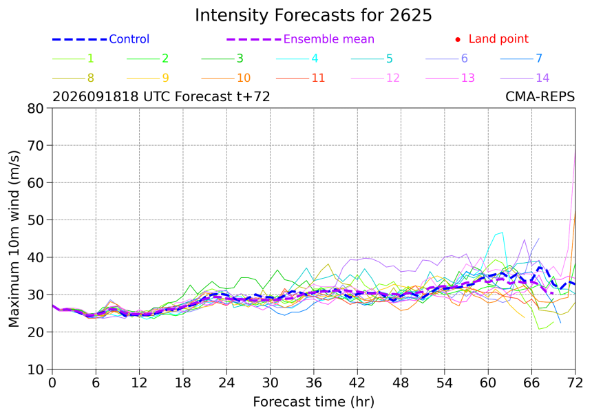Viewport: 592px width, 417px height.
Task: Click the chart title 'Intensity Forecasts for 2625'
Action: [x=313, y=15]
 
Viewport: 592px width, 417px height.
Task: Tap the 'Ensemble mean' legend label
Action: [x=328, y=39]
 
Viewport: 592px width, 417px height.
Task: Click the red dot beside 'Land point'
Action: [x=458, y=39]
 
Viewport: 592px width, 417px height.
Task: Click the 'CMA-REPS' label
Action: [x=540, y=97]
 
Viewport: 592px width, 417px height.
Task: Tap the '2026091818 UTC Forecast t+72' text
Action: [x=161, y=97]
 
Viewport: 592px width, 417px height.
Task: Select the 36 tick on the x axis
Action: [x=314, y=383]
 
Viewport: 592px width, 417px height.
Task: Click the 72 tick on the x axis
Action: [x=575, y=383]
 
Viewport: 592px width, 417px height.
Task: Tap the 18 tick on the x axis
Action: [x=182, y=383]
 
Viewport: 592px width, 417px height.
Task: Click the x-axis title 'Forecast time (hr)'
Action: [x=313, y=402]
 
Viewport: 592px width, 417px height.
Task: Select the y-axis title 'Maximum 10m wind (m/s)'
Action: [x=14, y=239]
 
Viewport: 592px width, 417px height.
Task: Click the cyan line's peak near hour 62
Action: [x=503, y=233]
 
